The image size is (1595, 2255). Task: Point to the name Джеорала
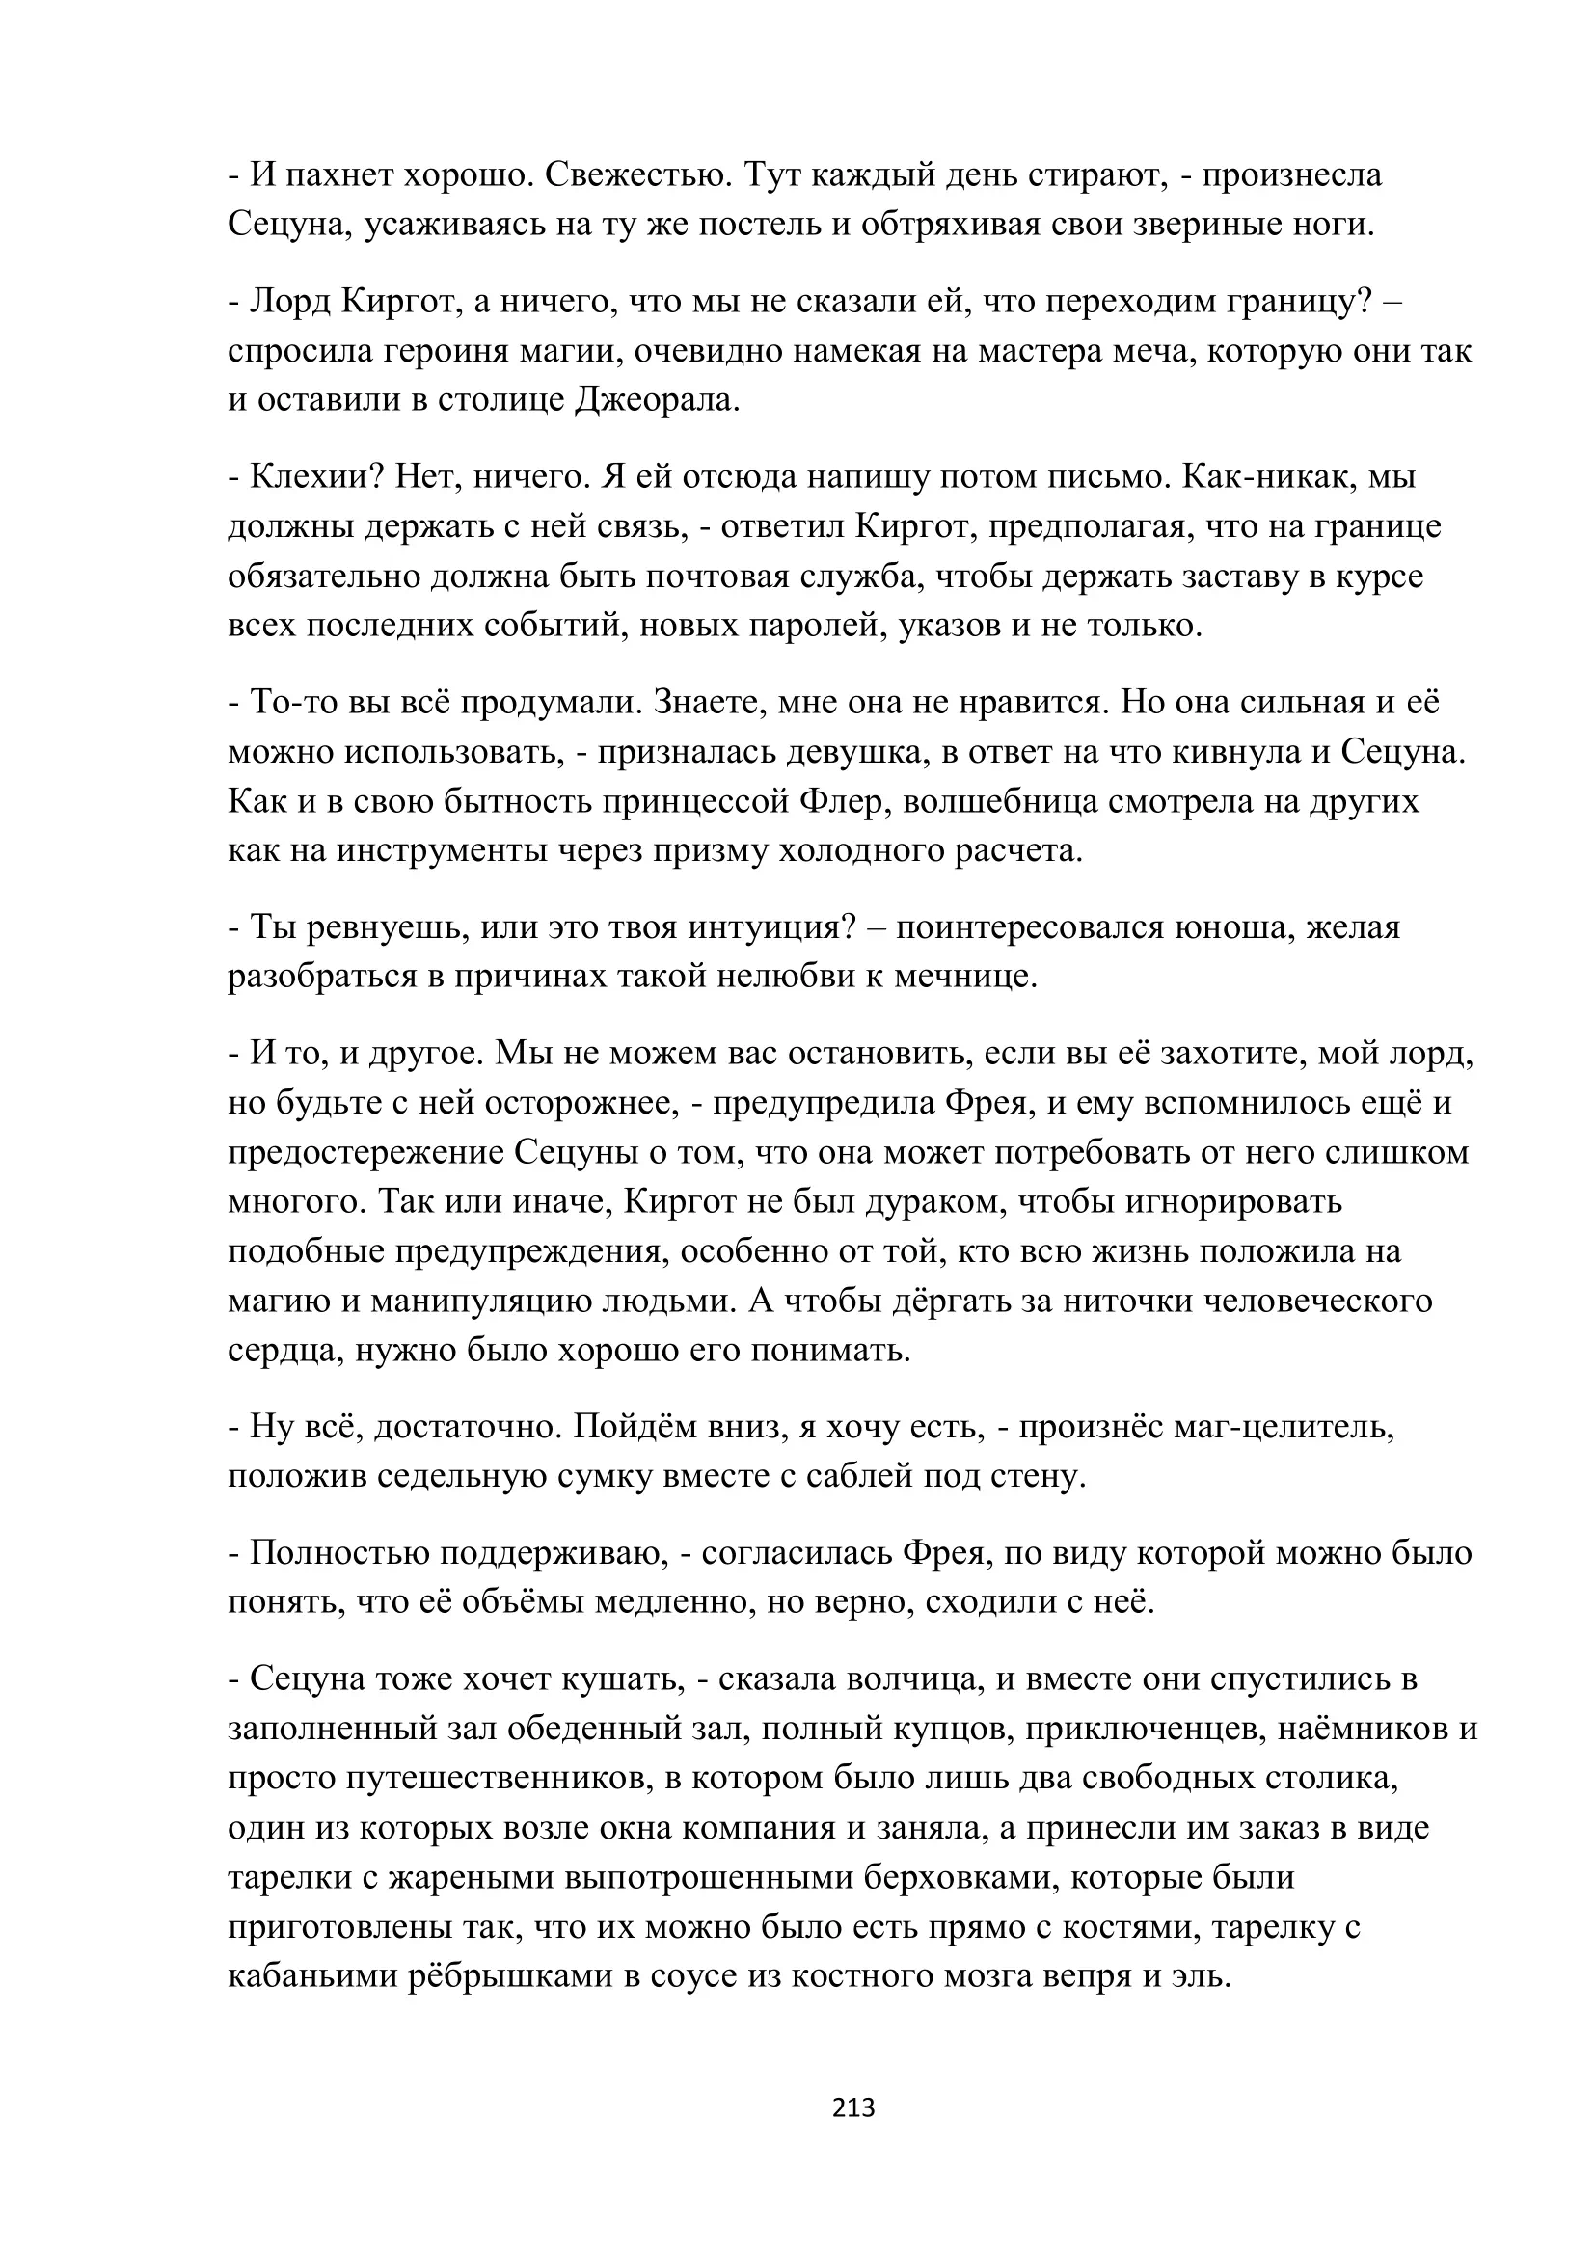(x=655, y=401)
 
